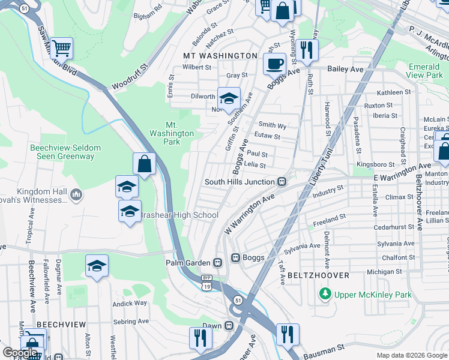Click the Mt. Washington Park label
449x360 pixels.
coord(172,133)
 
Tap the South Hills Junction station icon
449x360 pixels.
coord(280,182)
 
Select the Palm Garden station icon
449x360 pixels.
coord(218,262)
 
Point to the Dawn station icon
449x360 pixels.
coord(229,325)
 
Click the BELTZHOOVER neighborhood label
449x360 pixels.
coord(318,275)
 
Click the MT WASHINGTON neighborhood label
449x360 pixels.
coord(220,56)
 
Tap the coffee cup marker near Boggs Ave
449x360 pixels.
coord(275,63)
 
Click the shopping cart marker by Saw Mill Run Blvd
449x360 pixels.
coord(61,47)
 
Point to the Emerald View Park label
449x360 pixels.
coord(424,71)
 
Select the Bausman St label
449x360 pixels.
coord(323,347)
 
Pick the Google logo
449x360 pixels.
coord(20,353)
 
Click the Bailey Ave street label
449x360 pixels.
coord(345,70)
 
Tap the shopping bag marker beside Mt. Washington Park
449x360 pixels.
coord(145,164)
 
